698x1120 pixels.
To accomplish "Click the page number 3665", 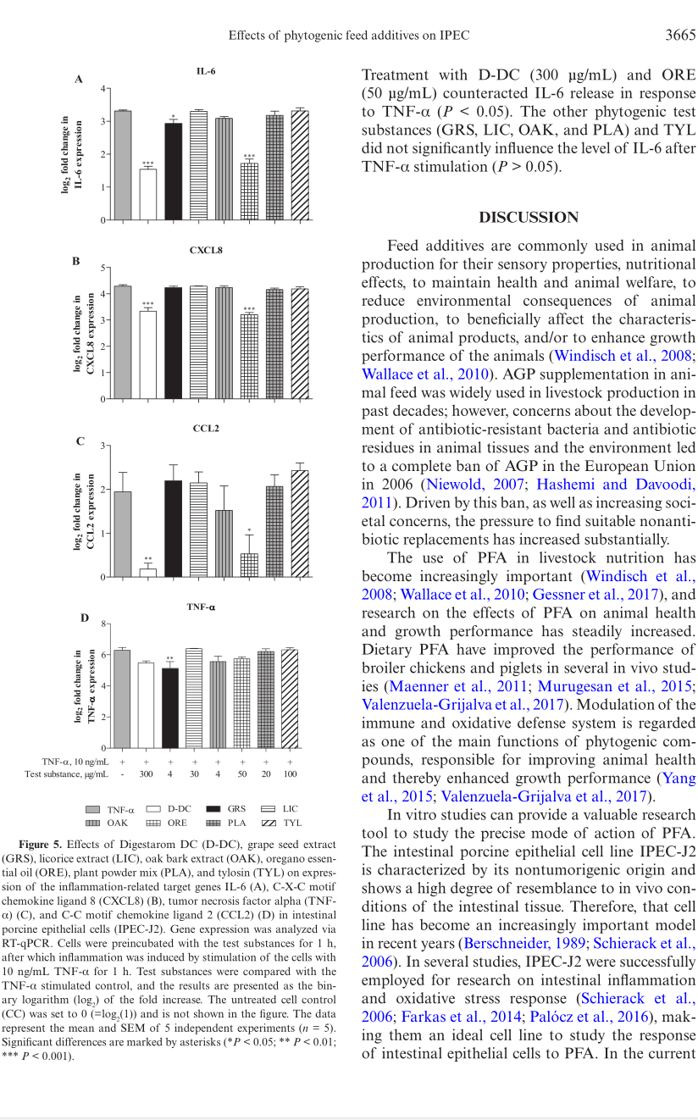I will [x=679, y=35].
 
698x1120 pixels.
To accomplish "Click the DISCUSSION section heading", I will [x=529, y=217].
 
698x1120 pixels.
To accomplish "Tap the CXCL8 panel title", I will [x=206, y=251].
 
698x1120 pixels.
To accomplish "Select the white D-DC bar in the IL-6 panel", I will [x=147, y=194].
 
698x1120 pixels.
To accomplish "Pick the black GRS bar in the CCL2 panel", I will [x=173, y=529].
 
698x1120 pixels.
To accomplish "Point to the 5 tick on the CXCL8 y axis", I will [x=102, y=268].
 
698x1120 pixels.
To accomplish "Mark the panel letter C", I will [x=80, y=441].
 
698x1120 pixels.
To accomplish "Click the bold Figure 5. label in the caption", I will [x=40, y=845].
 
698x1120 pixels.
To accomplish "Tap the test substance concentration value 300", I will [x=147, y=773].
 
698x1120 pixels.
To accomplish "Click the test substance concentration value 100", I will [x=291, y=773].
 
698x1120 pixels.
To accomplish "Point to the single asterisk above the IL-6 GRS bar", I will [x=173, y=117].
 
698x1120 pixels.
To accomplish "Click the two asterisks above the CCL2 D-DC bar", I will [x=148, y=559].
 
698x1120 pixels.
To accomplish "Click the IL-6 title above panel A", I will [x=206, y=71].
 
